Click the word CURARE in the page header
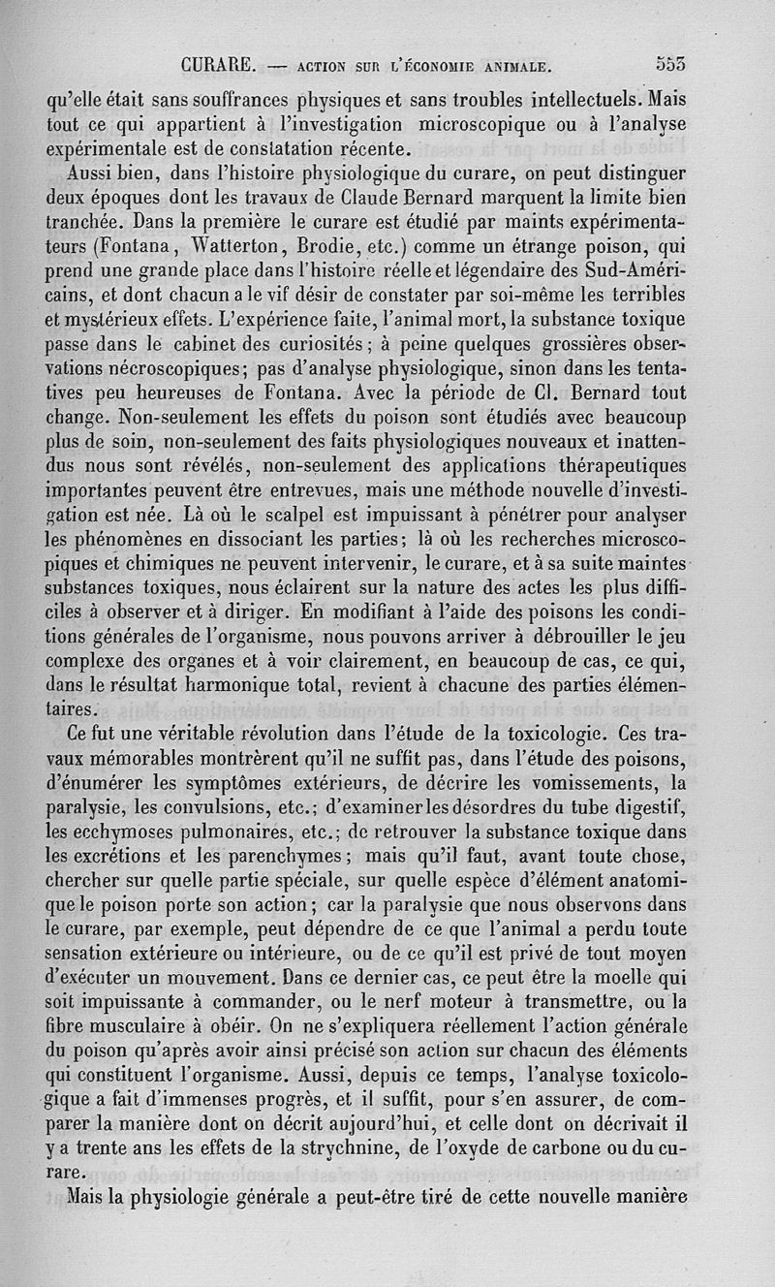217,66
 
